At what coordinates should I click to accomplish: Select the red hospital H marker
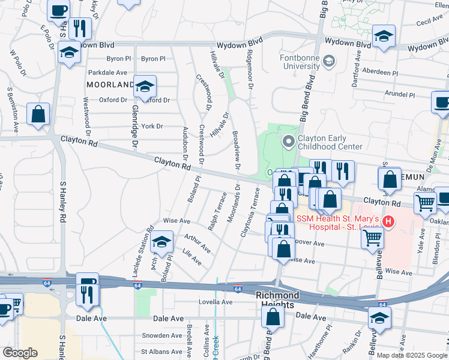388,221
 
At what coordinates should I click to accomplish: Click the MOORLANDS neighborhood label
110,85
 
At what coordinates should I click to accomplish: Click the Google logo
20,352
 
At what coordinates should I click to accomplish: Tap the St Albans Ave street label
161,351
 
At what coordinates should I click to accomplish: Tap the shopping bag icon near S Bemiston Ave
38,114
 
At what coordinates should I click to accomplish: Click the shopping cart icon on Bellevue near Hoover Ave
372,238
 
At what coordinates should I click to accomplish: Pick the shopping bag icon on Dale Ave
273,317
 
